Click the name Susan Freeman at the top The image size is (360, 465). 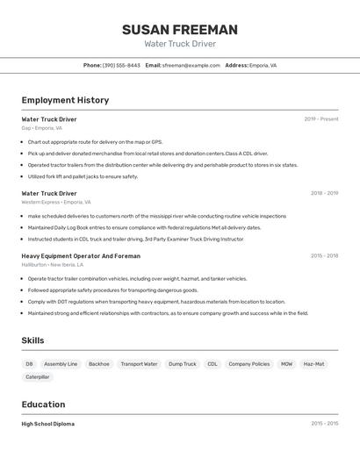coord(180,29)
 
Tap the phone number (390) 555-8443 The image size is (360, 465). coord(121,65)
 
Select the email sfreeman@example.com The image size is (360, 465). coord(191,65)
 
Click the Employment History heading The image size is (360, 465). coord(65,100)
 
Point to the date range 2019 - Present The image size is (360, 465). coord(321,119)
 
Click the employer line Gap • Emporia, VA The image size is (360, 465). coord(42,128)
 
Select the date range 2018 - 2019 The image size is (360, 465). coord(324,193)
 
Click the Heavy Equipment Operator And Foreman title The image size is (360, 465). coord(81,256)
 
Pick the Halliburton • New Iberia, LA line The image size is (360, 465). coord(53,264)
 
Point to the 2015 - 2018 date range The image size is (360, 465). coord(324,256)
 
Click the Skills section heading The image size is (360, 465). coord(32,340)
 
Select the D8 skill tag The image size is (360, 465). coord(29,364)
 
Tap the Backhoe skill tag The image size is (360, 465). coord(99,364)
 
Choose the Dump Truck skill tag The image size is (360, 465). coord(183,364)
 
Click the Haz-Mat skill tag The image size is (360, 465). coord(313,364)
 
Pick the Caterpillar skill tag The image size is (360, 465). coord(38,377)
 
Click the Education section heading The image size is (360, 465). coord(43,404)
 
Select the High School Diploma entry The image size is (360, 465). coord(48,424)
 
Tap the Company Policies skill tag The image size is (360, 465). coord(249,364)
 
